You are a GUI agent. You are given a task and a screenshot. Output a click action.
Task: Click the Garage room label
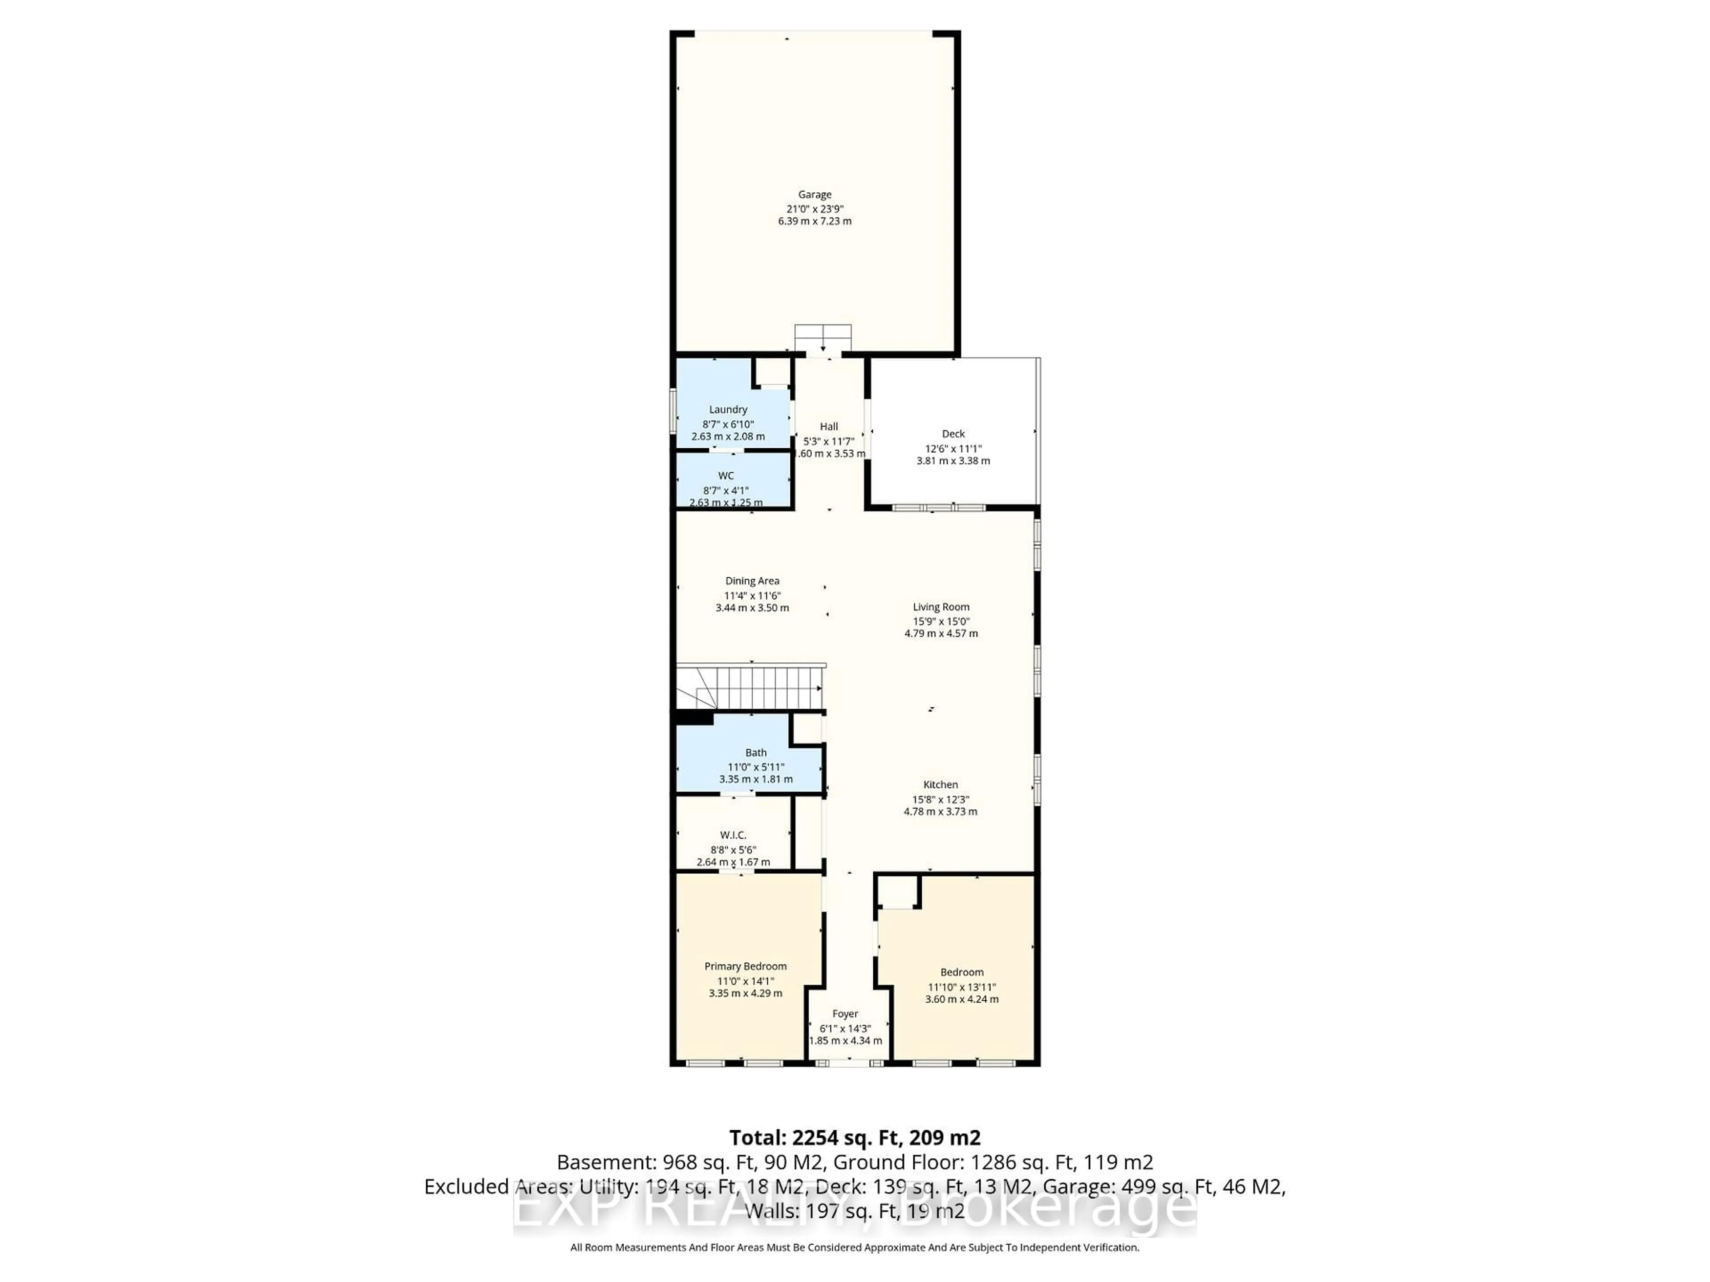(x=815, y=195)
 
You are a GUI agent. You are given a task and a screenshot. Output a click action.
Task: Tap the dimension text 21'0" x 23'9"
(x=815, y=209)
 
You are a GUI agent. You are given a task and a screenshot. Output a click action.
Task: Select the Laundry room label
(x=728, y=410)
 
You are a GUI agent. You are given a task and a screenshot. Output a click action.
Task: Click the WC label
(x=726, y=476)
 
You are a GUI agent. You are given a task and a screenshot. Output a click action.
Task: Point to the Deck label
(x=953, y=434)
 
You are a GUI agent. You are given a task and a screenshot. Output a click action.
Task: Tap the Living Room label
(x=941, y=607)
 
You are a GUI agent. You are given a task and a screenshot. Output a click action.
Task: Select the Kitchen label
(x=941, y=784)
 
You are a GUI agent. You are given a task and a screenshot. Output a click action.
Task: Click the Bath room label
(x=756, y=753)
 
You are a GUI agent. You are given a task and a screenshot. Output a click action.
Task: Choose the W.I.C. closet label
(x=733, y=836)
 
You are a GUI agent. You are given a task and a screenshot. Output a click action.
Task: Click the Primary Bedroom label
(x=745, y=967)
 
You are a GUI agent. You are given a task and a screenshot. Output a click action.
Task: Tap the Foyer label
(x=845, y=1014)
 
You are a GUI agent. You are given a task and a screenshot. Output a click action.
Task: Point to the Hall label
(x=829, y=426)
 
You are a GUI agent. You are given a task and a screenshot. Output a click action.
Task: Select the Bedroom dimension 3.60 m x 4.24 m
(x=962, y=999)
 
